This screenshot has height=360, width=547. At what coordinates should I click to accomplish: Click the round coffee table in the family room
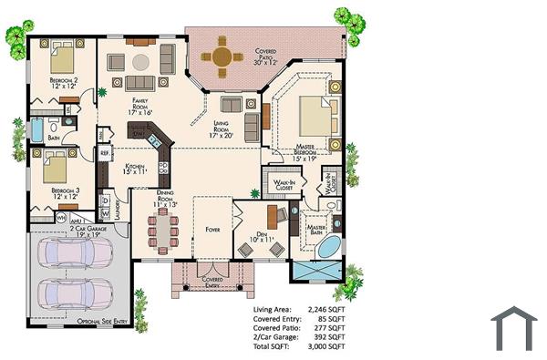[x=140, y=62]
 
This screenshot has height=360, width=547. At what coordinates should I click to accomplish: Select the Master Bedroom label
[x=315, y=151]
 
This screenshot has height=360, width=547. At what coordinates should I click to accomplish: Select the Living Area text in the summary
[x=273, y=310]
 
